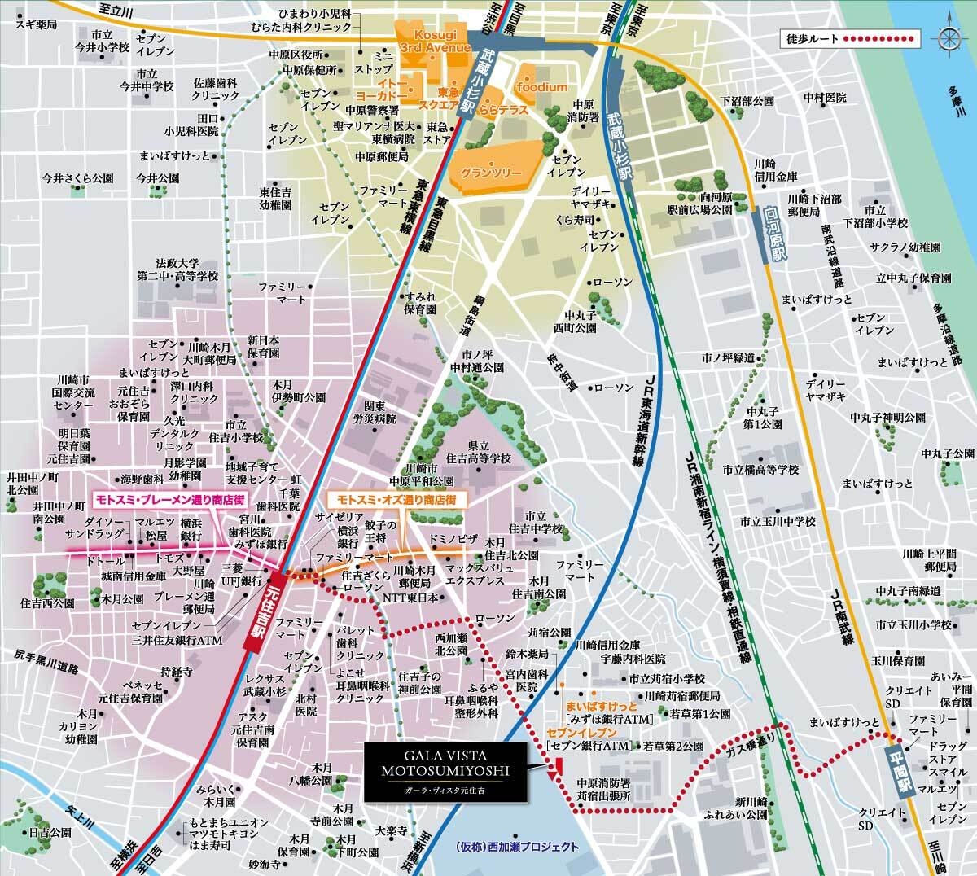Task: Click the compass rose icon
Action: [949, 38]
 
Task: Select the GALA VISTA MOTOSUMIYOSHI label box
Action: [445, 771]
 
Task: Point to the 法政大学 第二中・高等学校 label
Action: [177, 269]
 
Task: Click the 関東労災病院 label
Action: [379, 412]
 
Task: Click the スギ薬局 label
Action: [36, 25]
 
